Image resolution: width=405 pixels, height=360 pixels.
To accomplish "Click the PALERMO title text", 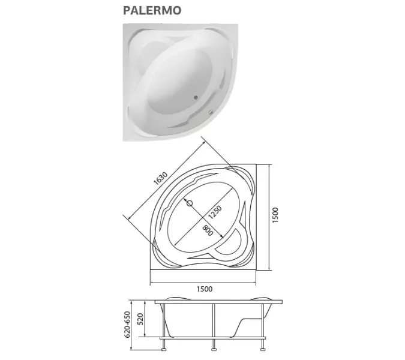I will [x=152, y=10].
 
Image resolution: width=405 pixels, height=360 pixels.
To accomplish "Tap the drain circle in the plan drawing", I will [x=191, y=203].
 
